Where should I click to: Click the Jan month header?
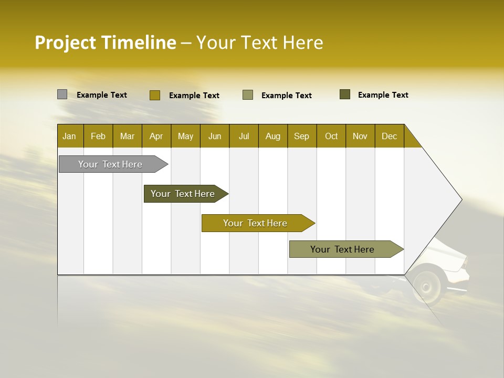(70, 136)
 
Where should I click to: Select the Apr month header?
(156, 136)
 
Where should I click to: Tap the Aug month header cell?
(272, 136)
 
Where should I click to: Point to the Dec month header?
(389, 136)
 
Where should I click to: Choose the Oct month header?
(331, 136)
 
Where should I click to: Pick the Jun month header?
(215, 136)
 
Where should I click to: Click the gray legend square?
(62, 94)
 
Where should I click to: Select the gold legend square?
(154, 95)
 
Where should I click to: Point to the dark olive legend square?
(345, 94)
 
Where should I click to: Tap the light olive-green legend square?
(248, 95)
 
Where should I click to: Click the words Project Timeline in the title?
(105, 43)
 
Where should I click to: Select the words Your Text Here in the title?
(260, 43)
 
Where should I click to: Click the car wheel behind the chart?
(426, 286)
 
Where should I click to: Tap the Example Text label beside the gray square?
(102, 95)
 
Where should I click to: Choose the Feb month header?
(98, 136)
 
